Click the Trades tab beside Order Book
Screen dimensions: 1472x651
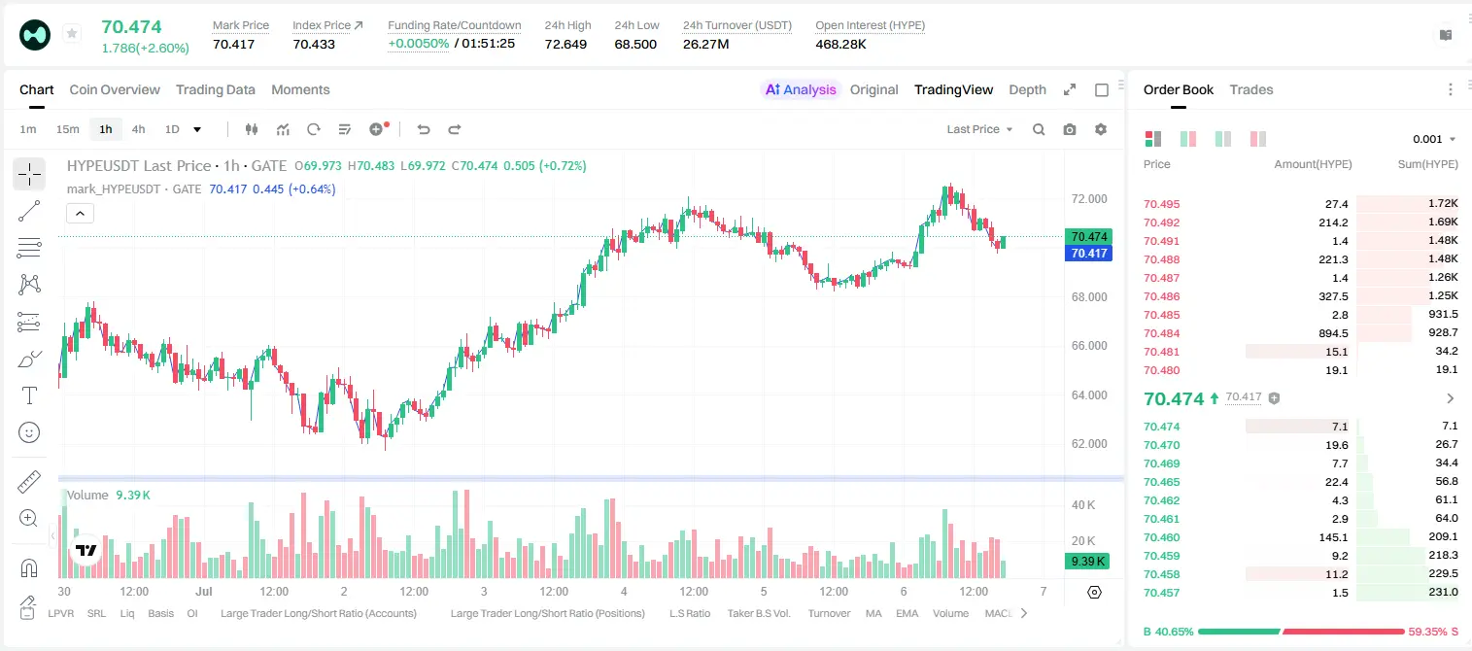coord(1251,89)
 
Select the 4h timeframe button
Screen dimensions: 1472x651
coord(138,129)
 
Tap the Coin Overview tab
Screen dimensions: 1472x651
coord(115,89)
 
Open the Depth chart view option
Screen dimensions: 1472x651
coord(1027,89)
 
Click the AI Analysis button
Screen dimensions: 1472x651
coord(801,89)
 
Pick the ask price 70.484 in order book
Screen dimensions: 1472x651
coord(1161,333)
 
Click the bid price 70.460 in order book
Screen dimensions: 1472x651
coord(1161,537)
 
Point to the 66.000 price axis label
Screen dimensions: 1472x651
coord(1089,346)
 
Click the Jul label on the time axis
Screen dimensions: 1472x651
coord(204,591)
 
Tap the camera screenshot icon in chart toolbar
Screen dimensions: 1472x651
coord(1070,129)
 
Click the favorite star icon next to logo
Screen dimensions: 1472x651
coord(72,33)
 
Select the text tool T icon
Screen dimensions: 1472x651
coord(29,395)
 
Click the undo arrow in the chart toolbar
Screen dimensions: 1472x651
coord(424,129)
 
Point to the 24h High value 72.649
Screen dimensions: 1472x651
coord(565,44)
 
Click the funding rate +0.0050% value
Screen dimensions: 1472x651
coord(419,44)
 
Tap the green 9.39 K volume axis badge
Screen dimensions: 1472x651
coord(1087,561)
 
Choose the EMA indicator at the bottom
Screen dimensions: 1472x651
coord(907,613)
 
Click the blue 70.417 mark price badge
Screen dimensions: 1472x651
coord(1088,253)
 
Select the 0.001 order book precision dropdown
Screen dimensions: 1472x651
coord(1434,139)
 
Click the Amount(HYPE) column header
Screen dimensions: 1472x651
coord(1313,164)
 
